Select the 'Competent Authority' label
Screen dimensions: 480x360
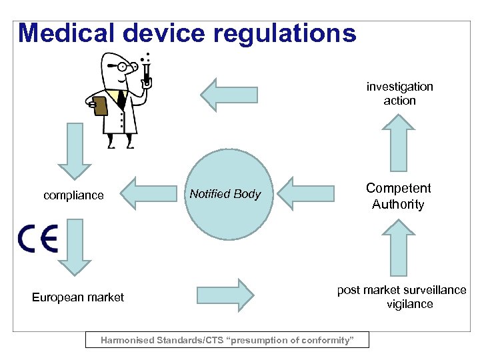(398, 196)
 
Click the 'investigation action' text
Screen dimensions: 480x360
(399, 93)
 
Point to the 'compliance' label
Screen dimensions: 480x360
(73, 195)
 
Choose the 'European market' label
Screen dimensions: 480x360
(78, 297)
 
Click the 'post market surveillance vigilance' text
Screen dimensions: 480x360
(401, 297)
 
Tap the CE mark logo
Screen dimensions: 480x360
(38, 239)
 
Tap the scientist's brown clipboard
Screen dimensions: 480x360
(101, 105)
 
